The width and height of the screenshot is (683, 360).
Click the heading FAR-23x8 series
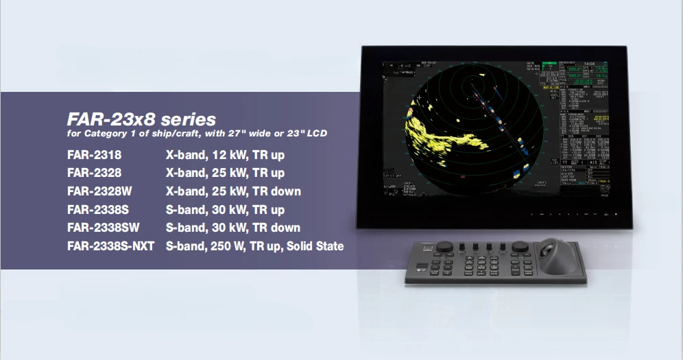point(141,119)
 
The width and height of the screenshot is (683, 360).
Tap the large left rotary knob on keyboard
point(445,245)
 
